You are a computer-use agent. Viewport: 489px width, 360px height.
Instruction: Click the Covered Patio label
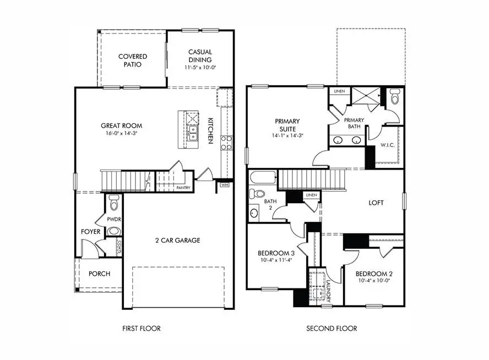tap(132, 60)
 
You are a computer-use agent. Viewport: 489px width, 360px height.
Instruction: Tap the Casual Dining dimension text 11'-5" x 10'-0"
tap(200, 68)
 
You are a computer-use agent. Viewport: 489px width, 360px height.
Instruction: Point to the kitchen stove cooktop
tap(226, 143)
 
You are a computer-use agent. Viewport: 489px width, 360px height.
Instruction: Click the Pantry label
tap(183, 188)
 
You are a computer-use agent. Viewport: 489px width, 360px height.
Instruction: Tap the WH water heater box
tap(224, 185)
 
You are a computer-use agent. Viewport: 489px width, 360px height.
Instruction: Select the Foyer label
tap(91, 232)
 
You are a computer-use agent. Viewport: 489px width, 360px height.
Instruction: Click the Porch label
tap(99, 274)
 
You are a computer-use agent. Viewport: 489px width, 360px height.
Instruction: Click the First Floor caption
tap(142, 329)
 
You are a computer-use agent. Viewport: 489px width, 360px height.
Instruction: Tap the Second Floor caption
tap(332, 329)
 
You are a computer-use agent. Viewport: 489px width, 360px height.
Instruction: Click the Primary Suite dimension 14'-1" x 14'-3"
tap(287, 135)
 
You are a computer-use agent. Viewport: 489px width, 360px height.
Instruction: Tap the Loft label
tap(376, 203)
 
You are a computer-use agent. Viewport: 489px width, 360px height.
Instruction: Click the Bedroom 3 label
tap(276, 254)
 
